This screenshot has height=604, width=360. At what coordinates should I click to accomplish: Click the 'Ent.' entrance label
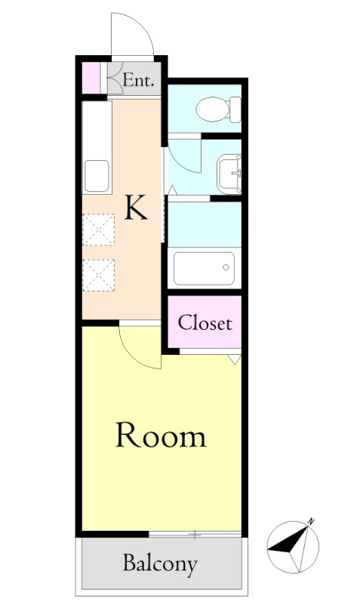point(138,80)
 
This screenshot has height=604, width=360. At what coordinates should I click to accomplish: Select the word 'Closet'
point(205,322)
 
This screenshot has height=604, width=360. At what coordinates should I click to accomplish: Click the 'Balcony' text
point(160,564)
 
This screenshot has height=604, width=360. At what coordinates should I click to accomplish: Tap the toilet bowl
point(218,109)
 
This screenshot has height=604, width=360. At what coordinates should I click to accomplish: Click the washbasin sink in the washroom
point(229,174)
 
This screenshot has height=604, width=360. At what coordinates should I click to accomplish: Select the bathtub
point(204,269)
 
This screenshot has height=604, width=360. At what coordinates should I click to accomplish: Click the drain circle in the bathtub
point(226,267)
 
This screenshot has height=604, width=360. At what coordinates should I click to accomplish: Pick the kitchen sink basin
point(97,176)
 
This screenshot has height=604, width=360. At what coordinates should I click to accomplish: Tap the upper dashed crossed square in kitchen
point(99,230)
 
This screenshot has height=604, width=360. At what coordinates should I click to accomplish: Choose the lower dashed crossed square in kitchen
point(99,275)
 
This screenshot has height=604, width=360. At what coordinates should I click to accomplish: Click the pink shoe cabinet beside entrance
point(91,78)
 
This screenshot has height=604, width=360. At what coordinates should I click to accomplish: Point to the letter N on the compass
point(311,522)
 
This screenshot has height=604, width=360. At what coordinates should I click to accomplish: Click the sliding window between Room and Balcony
point(195,535)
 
